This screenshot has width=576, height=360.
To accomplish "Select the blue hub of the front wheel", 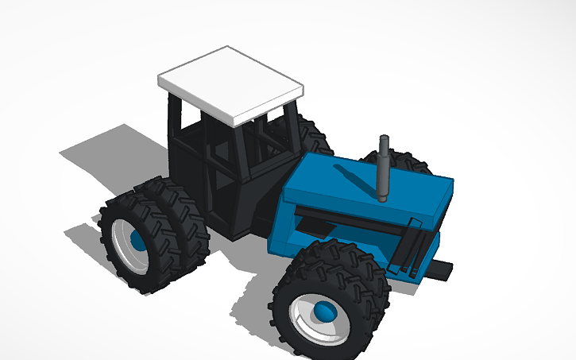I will coord(324,312).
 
